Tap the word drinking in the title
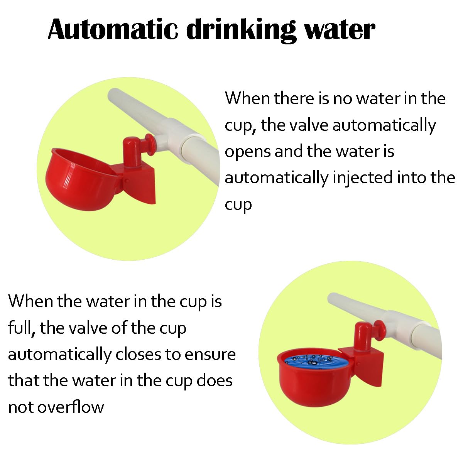241,31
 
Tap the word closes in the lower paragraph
138,355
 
